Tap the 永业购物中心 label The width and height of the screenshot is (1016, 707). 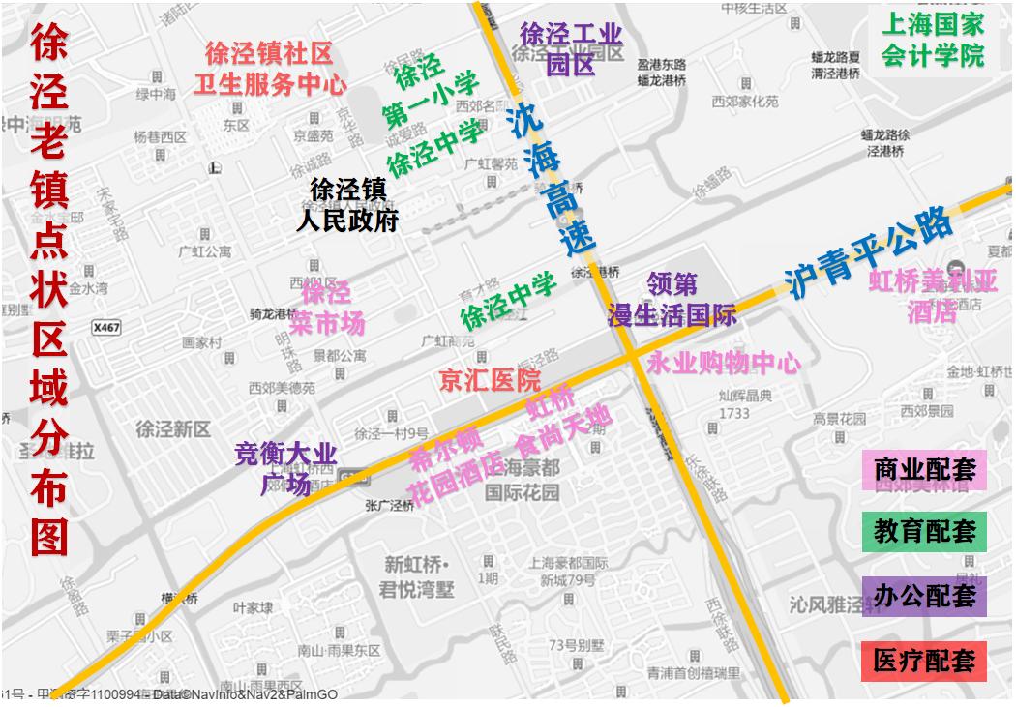coord(724,364)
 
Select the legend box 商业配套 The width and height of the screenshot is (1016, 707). coord(924,470)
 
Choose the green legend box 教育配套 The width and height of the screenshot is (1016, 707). coord(924,532)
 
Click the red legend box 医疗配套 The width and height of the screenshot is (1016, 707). coord(924,661)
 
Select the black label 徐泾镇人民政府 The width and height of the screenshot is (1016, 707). coord(347,205)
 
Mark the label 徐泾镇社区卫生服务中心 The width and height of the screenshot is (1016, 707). coord(269,69)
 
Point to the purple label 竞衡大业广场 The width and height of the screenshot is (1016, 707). coord(286,467)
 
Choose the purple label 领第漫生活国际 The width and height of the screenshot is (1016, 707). coord(672,300)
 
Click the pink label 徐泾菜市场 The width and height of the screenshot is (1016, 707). coord(327,307)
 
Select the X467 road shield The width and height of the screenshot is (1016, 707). coord(106,328)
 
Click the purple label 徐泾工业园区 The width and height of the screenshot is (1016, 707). coord(571,48)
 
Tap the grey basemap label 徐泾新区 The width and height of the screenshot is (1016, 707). coord(173,429)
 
